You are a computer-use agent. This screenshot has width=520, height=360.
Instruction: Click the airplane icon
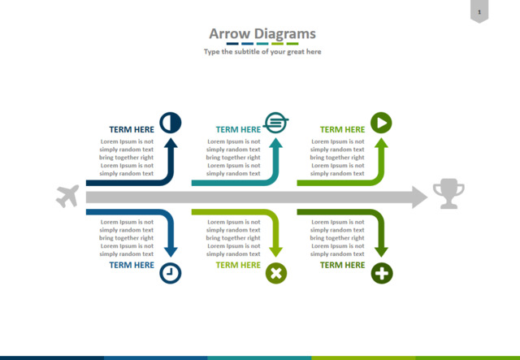[x=67, y=196]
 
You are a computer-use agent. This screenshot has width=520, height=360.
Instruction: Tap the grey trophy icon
[x=448, y=193]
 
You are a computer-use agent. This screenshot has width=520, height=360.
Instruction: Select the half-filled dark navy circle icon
[x=171, y=123]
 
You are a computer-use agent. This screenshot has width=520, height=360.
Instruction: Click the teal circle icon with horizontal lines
[x=276, y=123]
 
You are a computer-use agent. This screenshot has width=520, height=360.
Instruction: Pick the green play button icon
[x=381, y=123]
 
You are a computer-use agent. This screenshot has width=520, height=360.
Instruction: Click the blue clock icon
[x=171, y=273]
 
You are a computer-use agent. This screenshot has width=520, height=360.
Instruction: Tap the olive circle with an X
[x=276, y=273]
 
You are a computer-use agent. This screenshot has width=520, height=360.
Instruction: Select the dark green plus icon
[x=382, y=273]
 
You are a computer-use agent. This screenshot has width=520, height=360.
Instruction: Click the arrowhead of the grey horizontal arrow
[x=420, y=197]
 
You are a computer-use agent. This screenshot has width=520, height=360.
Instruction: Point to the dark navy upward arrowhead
[x=171, y=143]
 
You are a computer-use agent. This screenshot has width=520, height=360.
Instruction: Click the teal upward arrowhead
[x=276, y=143]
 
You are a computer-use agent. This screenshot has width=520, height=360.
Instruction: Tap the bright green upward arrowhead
[x=381, y=143]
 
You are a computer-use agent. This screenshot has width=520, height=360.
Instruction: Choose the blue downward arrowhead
[x=171, y=252]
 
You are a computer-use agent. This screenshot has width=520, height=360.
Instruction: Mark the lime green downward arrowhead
[x=276, y=252]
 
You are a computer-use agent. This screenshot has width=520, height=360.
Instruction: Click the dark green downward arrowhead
[x=381, y=252]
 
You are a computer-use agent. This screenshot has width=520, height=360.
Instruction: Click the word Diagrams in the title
[x=285, y=34]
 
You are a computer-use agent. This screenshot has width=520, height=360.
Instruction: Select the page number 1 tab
[x=479, y=11]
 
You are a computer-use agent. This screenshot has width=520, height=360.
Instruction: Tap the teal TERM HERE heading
[x=238, y=129]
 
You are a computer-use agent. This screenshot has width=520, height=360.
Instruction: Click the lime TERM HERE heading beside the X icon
[x=238, y=265]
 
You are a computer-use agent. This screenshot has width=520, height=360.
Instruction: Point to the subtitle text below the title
[x=262, y=52]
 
